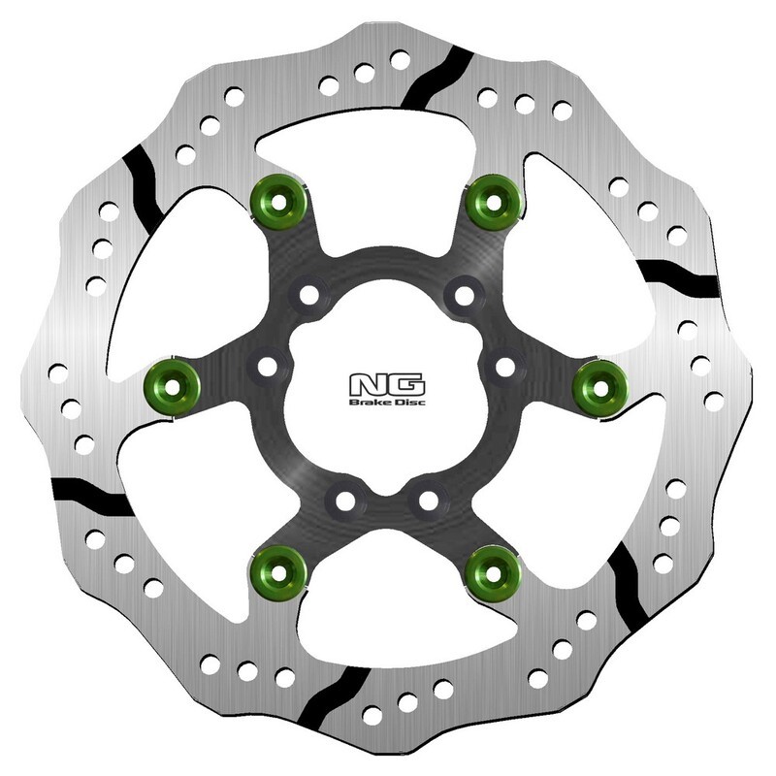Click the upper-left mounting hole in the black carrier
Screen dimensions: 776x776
pos(309,294)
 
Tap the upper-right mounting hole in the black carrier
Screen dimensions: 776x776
pos(465,293)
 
